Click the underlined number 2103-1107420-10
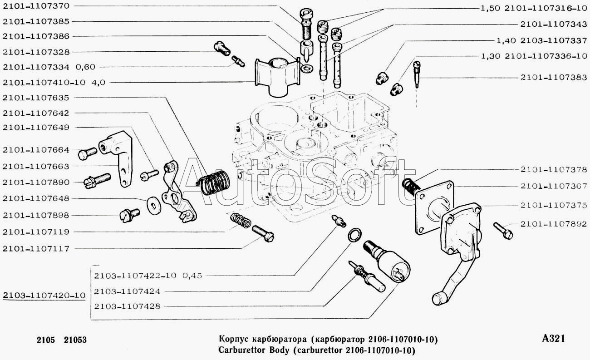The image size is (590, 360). click(44, 296)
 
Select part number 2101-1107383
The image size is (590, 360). click(554, 78)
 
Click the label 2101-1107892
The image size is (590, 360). click(554, 223)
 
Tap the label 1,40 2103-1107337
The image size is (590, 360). click(542, 40)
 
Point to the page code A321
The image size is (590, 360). click(554, 338)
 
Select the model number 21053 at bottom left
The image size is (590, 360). click(75, 340)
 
